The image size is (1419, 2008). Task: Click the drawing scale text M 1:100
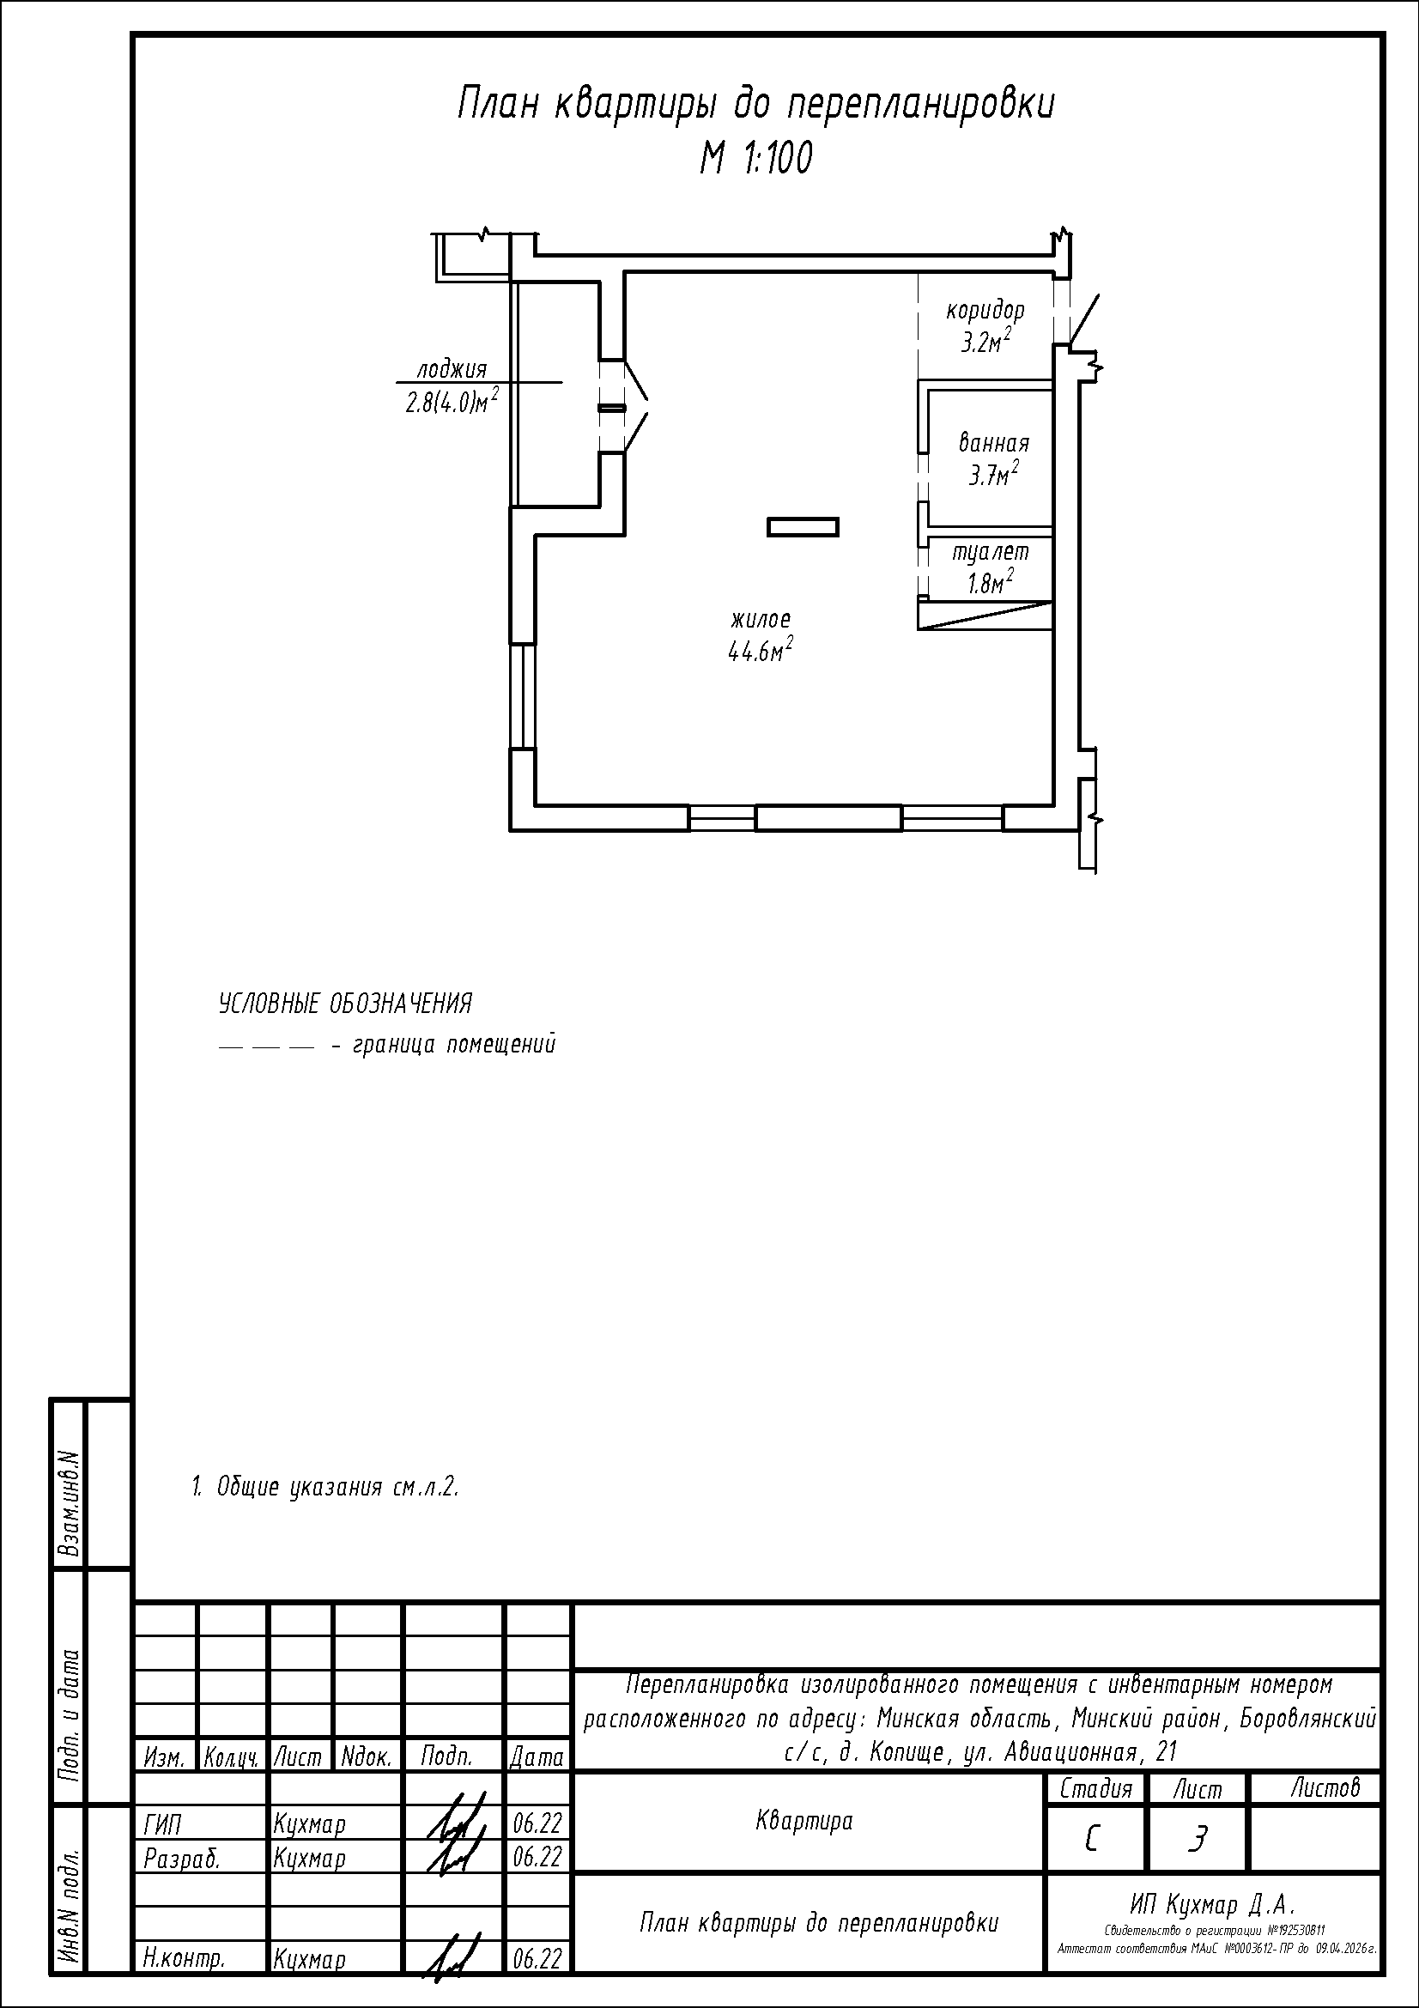755,158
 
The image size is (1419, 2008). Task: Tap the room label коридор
985,311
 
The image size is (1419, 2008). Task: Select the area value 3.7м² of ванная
993,475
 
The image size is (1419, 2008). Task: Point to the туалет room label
991,552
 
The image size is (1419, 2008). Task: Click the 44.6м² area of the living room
761,650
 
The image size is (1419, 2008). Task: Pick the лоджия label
452,370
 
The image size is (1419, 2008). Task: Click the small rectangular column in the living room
803,526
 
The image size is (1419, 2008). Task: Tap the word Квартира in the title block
803,1821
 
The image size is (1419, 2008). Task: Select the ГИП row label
162,1825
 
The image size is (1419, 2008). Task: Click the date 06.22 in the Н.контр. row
537,1959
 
